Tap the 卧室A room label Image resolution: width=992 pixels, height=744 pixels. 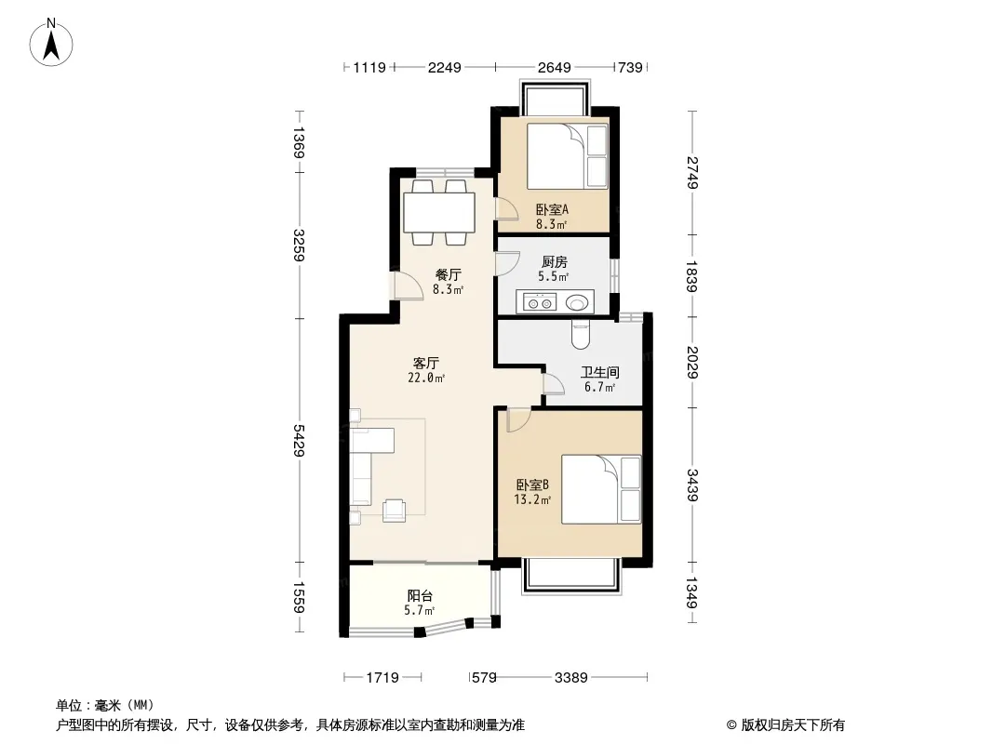click(552, 209)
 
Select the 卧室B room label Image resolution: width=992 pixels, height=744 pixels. click(532, 485)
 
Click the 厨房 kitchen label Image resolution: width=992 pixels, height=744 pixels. click(555, 261)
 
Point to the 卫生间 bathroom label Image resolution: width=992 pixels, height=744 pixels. click(599, 372)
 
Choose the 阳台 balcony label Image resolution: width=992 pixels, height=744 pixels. click(420, 595)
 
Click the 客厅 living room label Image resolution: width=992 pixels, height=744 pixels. click(426, 363)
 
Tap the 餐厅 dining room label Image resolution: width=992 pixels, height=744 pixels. click(448, 275)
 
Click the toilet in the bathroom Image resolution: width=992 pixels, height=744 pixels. click(580, 335)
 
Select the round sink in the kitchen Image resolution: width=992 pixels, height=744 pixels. click(577, 303)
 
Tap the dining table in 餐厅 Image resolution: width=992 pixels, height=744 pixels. click(439, 213)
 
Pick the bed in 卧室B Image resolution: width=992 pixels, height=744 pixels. click(601, 489)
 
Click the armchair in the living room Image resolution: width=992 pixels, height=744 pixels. click(394, 511)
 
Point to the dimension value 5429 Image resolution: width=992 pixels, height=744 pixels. click(299, 440)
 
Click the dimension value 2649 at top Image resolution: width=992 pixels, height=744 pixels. click(555, 67)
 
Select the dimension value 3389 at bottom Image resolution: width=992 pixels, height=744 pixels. click(570, 678)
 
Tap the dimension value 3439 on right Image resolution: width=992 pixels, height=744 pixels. click(692, 485)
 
